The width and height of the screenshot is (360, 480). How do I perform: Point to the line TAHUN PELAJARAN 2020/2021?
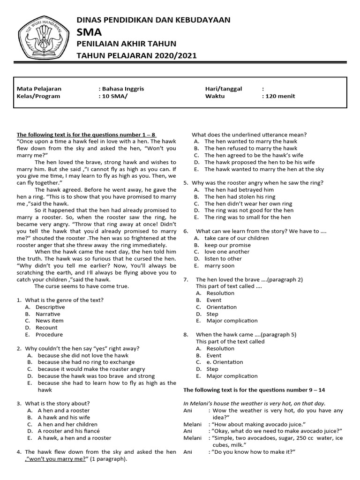point(137,56)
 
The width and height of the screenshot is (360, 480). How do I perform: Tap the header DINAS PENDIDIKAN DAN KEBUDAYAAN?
point(153,20)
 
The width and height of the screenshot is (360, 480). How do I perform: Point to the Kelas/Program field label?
point(38,96)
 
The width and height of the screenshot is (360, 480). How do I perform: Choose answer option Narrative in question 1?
point(48,314)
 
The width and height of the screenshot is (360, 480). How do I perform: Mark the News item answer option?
point(50,321)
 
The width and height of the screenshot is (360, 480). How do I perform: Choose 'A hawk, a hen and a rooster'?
point(75,438)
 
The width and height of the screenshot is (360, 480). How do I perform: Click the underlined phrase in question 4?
point(58,459)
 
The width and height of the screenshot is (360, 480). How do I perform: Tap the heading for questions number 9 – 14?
point(260,390)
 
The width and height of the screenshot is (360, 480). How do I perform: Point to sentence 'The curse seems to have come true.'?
point(82,286)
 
